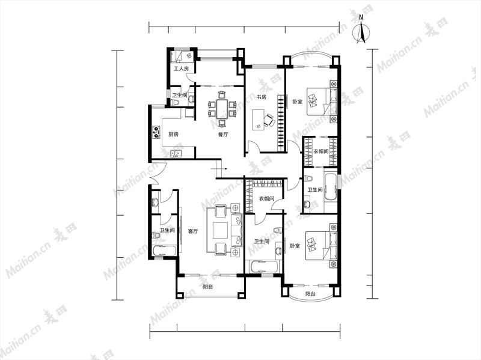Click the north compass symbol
361,30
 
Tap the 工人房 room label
181,69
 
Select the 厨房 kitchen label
173,134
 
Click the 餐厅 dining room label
223,134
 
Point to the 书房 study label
261,97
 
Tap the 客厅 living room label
192,231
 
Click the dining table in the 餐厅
221,109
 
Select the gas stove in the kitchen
157,132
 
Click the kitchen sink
176,153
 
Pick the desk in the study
258,120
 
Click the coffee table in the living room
220,230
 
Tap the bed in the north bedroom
322,102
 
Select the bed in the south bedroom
321,246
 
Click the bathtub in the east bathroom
330,187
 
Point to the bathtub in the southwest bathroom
164,249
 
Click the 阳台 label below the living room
207,287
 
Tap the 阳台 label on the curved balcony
310,293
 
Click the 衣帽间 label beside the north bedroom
321,151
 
